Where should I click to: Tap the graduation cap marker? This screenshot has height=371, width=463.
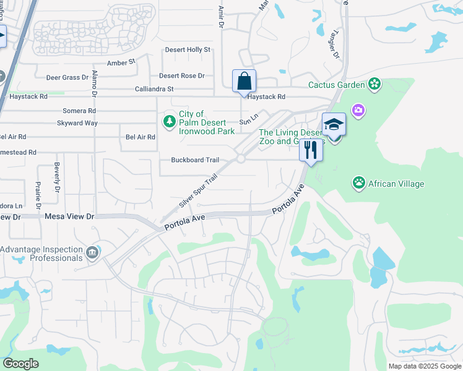click(x=334, y=124)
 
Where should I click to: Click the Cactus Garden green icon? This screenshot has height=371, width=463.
click(x=374, y=83)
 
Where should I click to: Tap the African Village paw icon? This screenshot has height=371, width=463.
click(x=358, y=182)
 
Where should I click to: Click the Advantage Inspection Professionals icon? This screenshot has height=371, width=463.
click(x=92, y=252)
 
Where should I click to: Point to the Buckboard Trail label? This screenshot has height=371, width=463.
click(x=195, y=160)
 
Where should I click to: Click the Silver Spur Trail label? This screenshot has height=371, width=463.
click(x=199, y=190)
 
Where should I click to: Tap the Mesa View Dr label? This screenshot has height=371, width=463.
click(x=69, y=216)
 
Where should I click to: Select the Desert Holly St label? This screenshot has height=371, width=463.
click(x=188, y=50)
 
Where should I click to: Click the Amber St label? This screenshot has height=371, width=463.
click(x=121, y=62)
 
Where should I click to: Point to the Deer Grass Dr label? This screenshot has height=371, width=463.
click(x=67, y=77)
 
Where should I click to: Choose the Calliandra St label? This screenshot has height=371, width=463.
click(x=154, y=89)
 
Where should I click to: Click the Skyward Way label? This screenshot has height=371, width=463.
click(x=77, y=123)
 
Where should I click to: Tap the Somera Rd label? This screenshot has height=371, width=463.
click(x=79, y=111)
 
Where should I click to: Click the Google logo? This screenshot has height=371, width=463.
click(x=21, y=363)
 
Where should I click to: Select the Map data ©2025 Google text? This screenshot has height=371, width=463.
click(x=424, y=366)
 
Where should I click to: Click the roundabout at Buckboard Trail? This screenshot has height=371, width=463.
click(x=240, y=160)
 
